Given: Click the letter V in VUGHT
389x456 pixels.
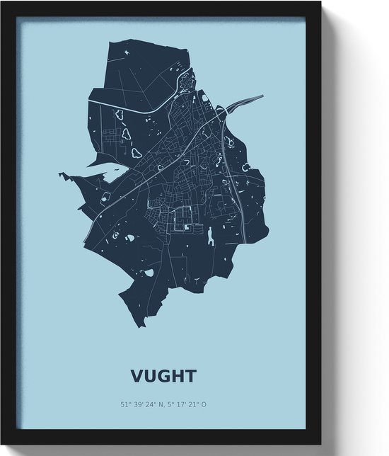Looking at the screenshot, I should [137, 375].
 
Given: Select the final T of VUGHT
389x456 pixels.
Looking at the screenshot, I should [190, 375].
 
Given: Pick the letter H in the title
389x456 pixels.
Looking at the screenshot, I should [178, 375].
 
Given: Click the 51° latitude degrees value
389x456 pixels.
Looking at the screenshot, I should [126, 405].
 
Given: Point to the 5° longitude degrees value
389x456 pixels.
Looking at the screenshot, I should [175, 405].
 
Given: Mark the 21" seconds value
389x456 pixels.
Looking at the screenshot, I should [197, 405].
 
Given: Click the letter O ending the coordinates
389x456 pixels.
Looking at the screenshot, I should [206, 405].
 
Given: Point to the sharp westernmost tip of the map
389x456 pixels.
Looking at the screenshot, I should [59, 174].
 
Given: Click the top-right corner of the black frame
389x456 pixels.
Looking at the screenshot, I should [320, 4].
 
